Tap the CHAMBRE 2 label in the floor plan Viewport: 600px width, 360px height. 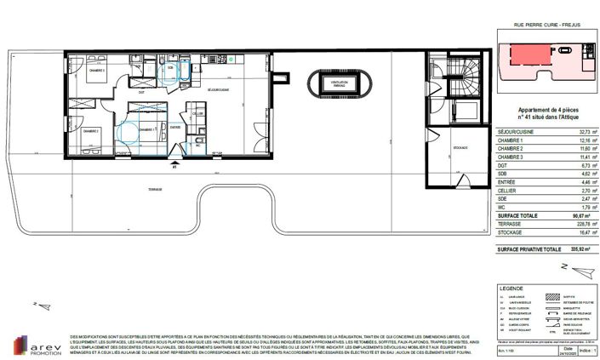(91, 130)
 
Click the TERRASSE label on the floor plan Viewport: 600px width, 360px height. (154, 188)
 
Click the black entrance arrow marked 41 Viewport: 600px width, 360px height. (174, 160)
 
